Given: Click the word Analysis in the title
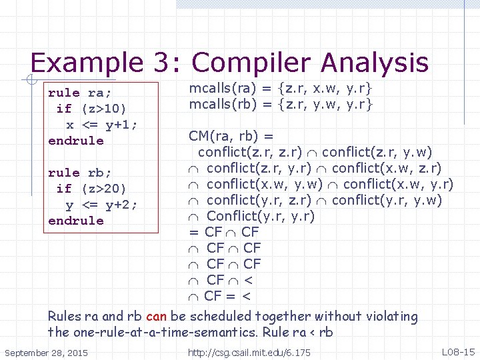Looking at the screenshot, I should pos(374,63).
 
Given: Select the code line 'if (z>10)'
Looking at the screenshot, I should pos(91,109).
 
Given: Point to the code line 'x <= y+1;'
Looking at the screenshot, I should pos(101,125).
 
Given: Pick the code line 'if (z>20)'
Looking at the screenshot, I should pos(91,189).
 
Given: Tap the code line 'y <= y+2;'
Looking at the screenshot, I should pos(101,205).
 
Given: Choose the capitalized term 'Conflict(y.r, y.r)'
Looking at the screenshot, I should pos(261,216).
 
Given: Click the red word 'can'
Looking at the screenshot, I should pos(156,317).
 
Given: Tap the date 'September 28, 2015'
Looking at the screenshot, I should pos(46,351).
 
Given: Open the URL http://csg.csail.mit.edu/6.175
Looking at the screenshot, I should pos(249,351).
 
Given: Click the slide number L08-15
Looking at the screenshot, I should pos(459,351).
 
